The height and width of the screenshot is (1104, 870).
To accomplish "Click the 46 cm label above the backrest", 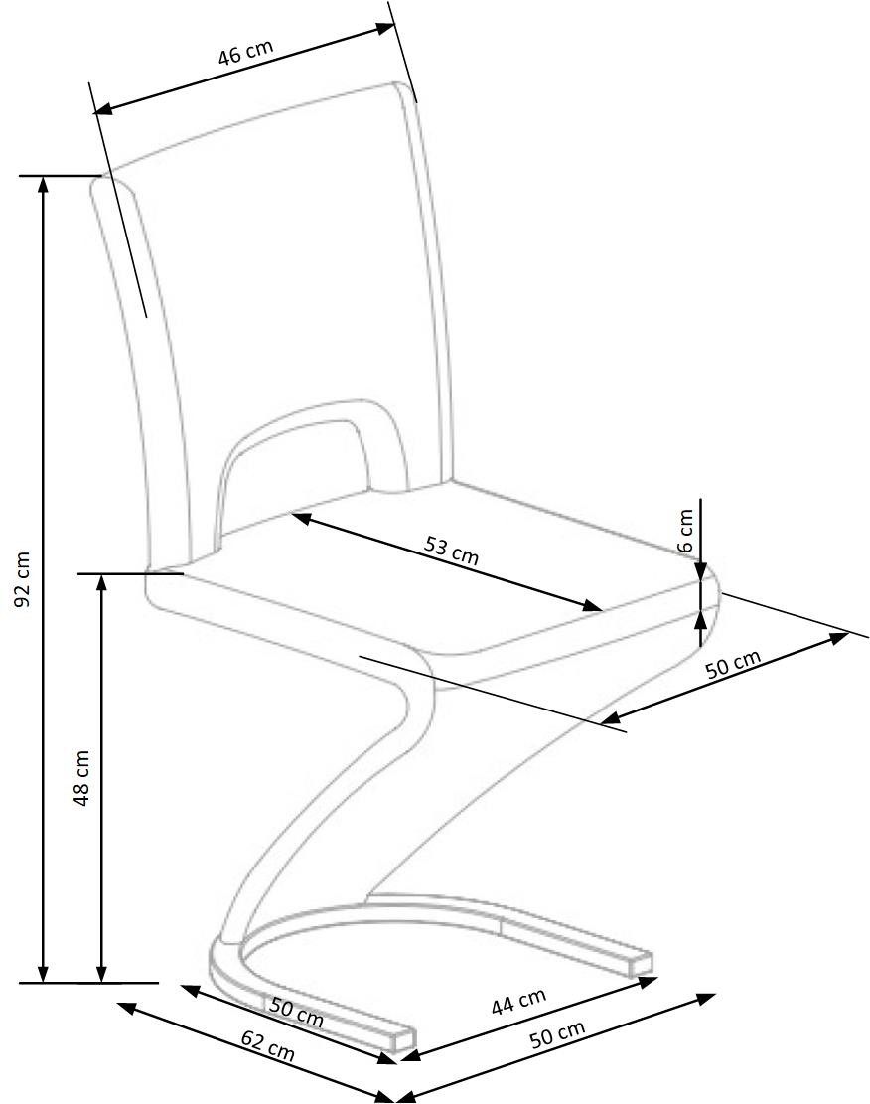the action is click(245, 53).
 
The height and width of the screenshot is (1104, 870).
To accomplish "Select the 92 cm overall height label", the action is click(23, 578).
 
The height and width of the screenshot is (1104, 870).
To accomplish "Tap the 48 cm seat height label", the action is click(81, 777).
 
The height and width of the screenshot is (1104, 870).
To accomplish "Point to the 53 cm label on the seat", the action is click(451, 550).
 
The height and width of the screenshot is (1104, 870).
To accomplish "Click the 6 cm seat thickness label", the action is click(685, 531).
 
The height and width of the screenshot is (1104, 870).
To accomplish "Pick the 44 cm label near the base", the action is click(518, 1002).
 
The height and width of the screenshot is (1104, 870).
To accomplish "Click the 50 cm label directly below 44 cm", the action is click(557, 1033).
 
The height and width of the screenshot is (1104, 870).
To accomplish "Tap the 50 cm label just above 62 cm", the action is click(296, 1013).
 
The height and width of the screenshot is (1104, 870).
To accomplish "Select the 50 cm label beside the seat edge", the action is click(734, 663).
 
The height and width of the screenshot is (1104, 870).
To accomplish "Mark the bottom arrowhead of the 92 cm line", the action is click(43, 974).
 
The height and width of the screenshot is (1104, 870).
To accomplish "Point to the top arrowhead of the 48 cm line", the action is click(102, 582).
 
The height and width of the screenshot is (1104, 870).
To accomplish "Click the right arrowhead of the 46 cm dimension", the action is click(385, 28).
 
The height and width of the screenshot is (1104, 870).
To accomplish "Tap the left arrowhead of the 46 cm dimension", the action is click(103, 108).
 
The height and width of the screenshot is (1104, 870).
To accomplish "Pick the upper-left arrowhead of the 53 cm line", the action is click(301, 518).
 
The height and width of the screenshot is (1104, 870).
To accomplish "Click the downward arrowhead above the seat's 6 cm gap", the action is click(701, 571).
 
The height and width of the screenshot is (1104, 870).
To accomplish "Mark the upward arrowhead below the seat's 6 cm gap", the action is click(701, 620).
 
